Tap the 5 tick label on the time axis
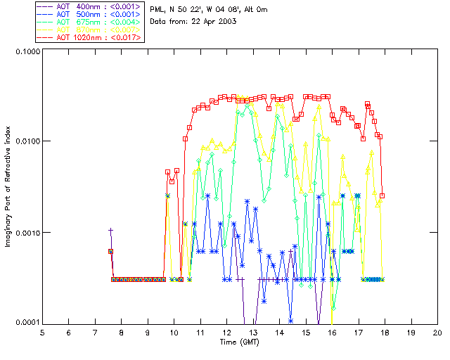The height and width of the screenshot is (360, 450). coord(42,332)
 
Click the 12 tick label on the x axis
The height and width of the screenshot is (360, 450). coord(226,332)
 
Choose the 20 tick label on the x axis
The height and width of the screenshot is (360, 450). coord(437,332)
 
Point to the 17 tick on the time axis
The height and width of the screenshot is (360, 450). coord(359,332)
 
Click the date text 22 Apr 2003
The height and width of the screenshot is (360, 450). coord(208,22)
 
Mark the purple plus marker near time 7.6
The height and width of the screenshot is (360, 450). coord(110,230)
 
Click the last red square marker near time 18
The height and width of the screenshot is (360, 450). coord(382,195)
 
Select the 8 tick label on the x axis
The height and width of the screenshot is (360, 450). coord(121,332)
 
